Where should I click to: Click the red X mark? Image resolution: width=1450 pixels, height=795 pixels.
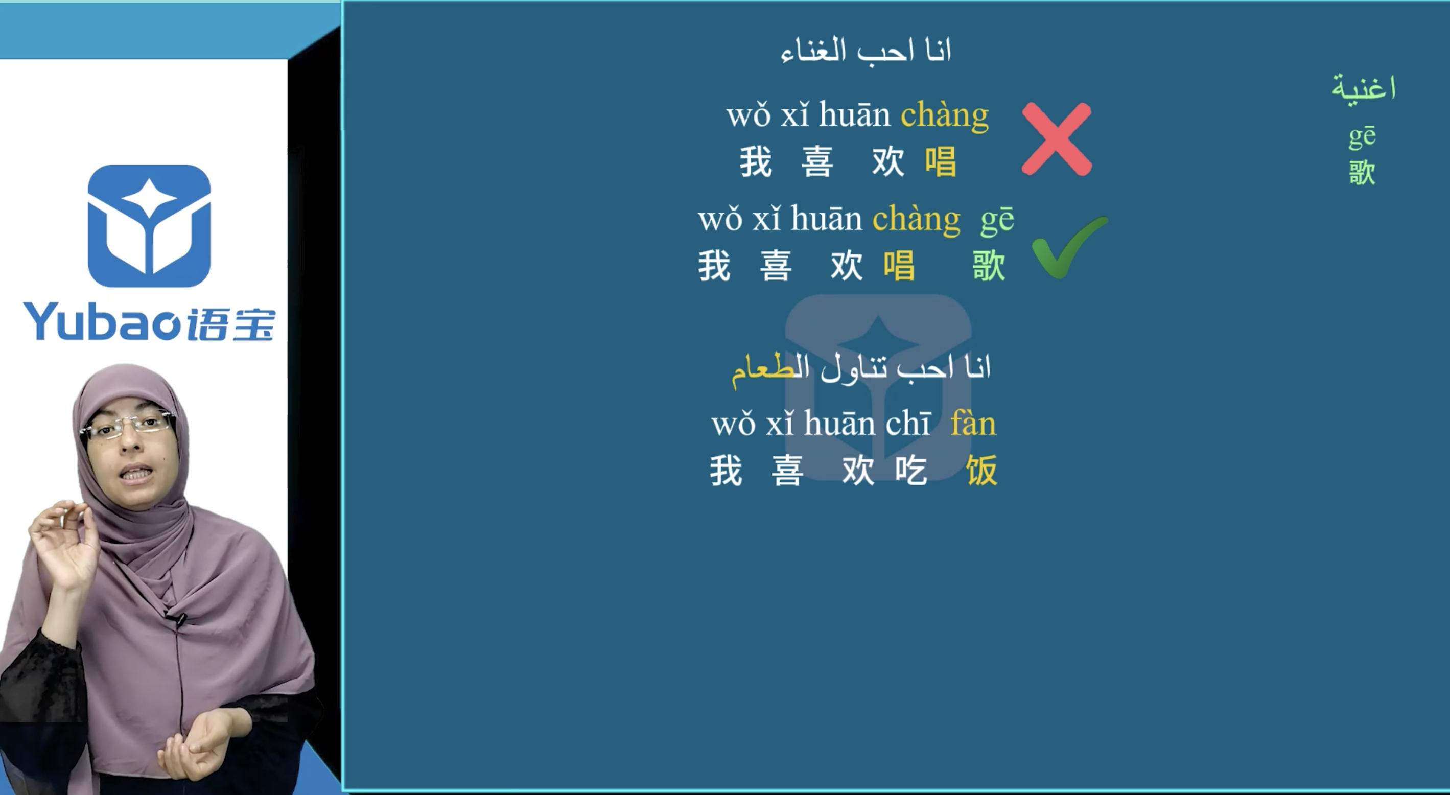click(1057, 139)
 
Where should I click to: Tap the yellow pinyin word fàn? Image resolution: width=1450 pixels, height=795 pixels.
click(973, 424)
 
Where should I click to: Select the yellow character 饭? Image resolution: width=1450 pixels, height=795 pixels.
click(981, 470)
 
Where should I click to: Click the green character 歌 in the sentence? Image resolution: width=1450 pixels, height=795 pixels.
click(989, 265)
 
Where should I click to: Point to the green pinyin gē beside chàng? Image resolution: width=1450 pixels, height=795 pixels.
click(997, 220)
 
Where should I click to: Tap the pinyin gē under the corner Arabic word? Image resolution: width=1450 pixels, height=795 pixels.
click(1362, 137)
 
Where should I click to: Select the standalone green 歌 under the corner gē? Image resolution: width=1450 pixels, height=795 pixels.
click(1362, 172)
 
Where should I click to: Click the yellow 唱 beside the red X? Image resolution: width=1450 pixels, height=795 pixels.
click(940, 161)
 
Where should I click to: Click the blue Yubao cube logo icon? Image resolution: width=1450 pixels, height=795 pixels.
click(149, 225)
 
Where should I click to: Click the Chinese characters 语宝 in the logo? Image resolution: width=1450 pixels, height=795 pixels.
click(231, 324)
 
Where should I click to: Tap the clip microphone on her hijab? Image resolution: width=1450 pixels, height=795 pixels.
click(179, 619)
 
